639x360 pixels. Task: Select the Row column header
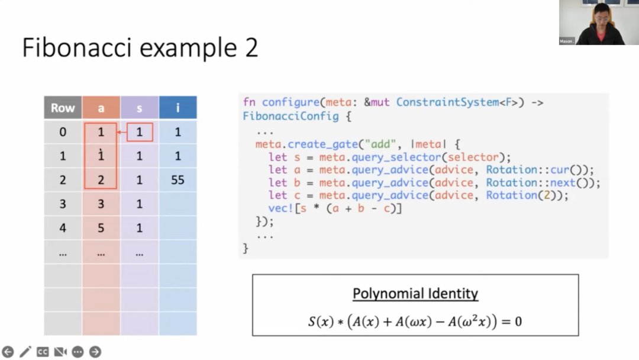pyautogui.click(x=63, y=108)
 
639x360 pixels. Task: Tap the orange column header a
pyautogui.click(x=101, y=108)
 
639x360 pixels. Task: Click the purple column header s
pyautogui.click(x=140, y=108)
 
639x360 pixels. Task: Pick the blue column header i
pyautogui.click(x=177, y=108)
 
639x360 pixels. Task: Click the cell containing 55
pyautogui.click(x=177, y=180)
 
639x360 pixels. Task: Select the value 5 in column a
pyautogui.click(x=101, y=228)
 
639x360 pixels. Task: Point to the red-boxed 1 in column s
pyautogui.click(x=140, y=132)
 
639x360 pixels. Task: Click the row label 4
pyautogui.click(x=63, y=228)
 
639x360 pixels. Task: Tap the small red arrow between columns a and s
pyautogui.click(x=121, y=132)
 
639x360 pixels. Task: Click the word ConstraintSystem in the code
pyautogui.click(x=447, y=102)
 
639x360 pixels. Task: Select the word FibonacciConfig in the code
pyautogui.click(x=291, y=116)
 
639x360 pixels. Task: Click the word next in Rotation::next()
pyautogui.click(x=563, y=182)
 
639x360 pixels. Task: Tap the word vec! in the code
pyautogui.click(x=281, y=208)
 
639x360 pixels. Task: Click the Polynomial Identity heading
pyautogui.click(x=415, y=294)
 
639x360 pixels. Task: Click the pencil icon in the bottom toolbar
pyautogui.click(x=25, y=352)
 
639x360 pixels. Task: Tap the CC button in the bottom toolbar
pyautogui.click(x=43, y=352)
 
